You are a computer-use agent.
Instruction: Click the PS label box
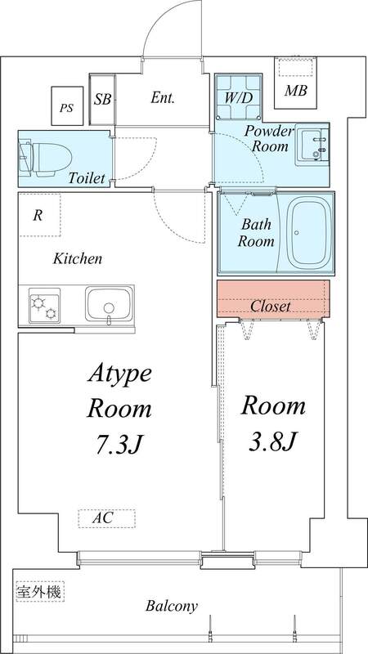[x=65, y=105]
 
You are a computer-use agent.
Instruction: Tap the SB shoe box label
[x=102, y=100]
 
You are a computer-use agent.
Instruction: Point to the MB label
[x=295, y=91]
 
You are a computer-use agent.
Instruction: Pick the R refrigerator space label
[x=38, y=217]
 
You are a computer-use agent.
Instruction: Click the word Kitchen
[x=78, y=259]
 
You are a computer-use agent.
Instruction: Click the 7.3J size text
[x=119, y=446]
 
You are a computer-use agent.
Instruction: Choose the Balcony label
[x=172, y=606]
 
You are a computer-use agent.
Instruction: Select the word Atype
[x=119, y=375]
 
